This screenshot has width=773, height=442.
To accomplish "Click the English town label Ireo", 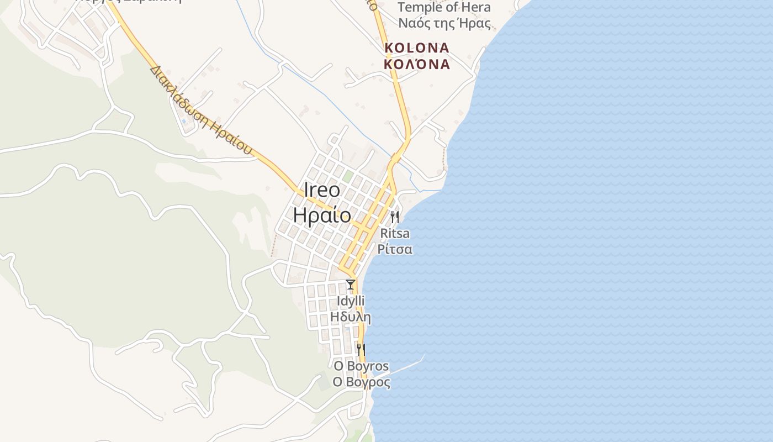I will point(322,190).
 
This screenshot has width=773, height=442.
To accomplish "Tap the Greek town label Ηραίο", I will point(322,214).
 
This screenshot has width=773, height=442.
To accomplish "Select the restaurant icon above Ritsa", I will point(394,217).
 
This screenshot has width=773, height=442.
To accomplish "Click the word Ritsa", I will point(395,233).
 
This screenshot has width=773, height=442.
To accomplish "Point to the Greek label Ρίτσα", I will point(395,249).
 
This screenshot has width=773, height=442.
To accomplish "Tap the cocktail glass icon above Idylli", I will point(350,285).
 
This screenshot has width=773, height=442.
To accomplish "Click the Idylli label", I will point(351,301).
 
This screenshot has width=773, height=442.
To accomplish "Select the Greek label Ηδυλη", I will point(351,317).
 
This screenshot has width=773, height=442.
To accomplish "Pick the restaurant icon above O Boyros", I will point(361,349).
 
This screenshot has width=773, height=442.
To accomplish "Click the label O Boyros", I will point(361,366).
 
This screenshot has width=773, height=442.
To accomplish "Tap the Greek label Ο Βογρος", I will point(361,382).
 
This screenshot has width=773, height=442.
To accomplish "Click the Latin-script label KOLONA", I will point(417,48).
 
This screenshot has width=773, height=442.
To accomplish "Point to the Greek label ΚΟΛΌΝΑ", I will point(417,64).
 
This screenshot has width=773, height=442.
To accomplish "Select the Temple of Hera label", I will point(444,8).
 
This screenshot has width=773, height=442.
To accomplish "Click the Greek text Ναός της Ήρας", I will point(444,23).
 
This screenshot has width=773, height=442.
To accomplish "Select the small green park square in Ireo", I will point(348,176).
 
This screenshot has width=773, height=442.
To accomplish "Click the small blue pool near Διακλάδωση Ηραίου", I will point(183,121).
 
